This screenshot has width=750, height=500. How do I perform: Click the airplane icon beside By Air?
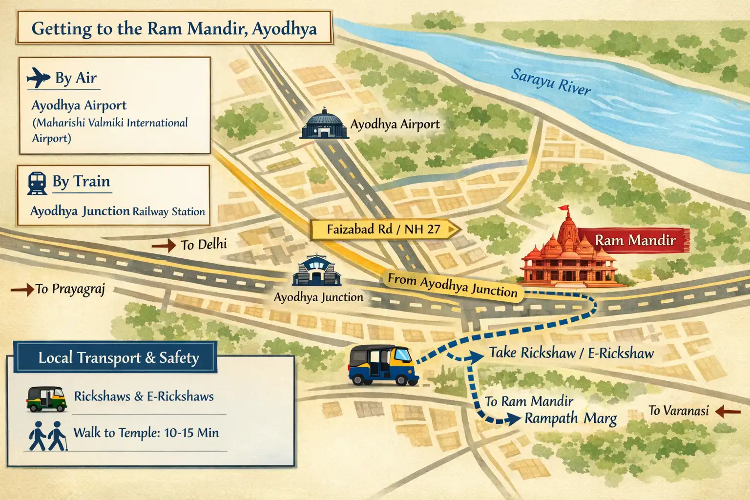39,77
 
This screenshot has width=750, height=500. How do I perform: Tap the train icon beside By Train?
37,183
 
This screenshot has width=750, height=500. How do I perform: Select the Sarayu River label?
550,82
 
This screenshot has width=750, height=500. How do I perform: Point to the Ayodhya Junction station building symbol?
316,271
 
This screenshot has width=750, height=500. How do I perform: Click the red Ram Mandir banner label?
635,240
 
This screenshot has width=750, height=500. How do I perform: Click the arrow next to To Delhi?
164,245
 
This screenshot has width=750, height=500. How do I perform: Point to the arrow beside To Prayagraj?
22,290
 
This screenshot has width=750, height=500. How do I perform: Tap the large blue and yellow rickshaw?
383,365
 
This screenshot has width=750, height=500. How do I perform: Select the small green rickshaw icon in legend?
46,398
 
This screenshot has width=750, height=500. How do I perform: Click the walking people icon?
47,436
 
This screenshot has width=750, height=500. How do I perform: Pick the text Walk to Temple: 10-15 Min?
146,433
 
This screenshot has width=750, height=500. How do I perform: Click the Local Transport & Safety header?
118,358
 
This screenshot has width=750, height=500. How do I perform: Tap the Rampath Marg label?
570,418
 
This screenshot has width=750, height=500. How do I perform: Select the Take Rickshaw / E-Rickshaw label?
571,353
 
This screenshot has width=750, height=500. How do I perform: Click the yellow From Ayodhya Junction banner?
452,286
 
